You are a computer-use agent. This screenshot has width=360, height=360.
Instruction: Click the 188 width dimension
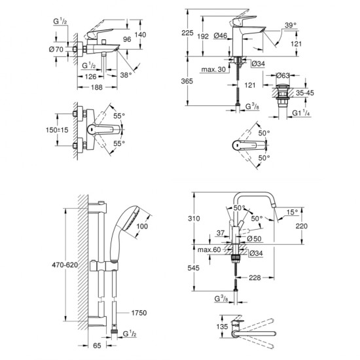(x=97, y=87)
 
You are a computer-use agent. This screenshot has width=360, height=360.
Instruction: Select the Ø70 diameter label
(x=56, y=49)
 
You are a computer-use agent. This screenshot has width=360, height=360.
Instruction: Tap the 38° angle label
(x=126, y=75)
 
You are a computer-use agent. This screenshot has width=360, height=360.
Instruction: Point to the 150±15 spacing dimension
(x=57, y=130)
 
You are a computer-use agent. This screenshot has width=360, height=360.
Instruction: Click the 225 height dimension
(x=187, y=33)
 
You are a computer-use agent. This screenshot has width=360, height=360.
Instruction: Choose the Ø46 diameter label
(x=221, y=35)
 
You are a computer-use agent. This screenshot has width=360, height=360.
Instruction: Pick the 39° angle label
(x=291, y=25)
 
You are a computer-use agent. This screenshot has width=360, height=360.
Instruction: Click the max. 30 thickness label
(x=213, y=69)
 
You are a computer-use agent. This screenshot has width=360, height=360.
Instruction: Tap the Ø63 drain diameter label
(x=283, y=75)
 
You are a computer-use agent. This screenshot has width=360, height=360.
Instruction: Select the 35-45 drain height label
(x=305, y=93)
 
